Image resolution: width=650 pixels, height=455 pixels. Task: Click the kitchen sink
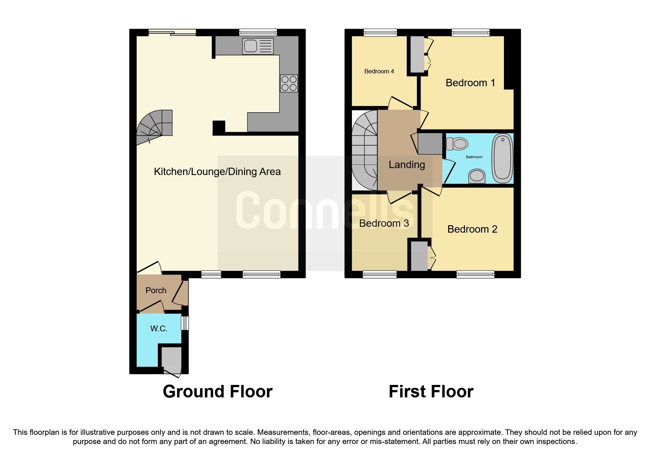258,46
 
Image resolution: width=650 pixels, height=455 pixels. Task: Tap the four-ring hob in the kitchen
288,83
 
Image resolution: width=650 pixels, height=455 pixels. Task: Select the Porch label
156,290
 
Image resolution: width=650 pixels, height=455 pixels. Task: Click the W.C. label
159,328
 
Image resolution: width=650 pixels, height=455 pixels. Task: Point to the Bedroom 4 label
379,71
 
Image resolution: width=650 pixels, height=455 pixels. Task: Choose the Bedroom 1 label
470,83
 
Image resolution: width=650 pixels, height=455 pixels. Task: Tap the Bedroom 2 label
472,229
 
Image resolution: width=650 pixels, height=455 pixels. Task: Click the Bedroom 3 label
384,223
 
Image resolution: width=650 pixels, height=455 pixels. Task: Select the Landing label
407,165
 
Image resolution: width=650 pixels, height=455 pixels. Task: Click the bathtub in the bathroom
502,159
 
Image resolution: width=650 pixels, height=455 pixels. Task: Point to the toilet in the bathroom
457,143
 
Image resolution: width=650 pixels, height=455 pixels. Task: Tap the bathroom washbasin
477,176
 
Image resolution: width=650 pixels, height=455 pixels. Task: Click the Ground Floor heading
218,392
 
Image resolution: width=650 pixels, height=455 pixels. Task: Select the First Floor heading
431,392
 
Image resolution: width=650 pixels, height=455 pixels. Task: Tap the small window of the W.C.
185,323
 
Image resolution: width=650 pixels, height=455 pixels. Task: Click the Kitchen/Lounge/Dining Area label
217,172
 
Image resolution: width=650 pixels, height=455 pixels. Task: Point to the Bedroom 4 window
380,33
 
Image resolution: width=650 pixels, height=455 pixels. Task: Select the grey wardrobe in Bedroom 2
419,255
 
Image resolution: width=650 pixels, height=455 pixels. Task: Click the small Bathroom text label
474,157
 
